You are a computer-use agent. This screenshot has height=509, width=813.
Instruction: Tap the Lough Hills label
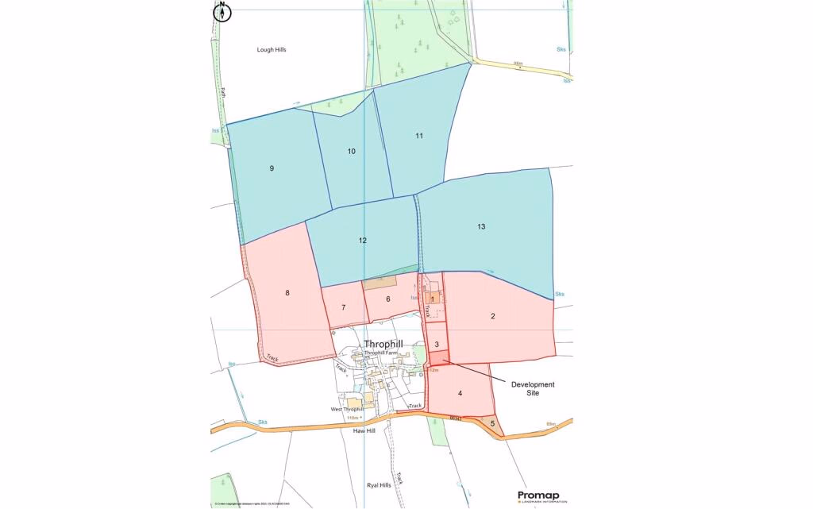click(x=271, y=50)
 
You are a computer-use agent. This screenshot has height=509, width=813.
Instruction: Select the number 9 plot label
click(x=272, y=168)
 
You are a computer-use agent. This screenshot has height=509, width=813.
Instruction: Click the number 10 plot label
click(x=351, y=151)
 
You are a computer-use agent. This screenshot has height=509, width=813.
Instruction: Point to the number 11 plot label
click(x=418, y=136)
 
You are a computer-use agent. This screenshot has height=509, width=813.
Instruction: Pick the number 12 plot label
click(x=363, y=240)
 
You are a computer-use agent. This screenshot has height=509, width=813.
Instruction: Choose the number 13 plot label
click(x=481, y=226)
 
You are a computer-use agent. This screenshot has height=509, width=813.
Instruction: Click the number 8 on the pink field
click(x=287, y=293)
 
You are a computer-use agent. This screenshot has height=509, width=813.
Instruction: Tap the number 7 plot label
click(x=344, y=307)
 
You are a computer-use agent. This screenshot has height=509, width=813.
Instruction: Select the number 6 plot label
click(x=388, y=299)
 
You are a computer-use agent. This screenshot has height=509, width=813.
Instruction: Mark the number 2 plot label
click(x=493, y=316)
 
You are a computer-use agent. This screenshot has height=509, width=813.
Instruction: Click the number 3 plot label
click(x=437, y=344)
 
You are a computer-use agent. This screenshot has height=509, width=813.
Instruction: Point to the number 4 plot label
click(x=460, y=393)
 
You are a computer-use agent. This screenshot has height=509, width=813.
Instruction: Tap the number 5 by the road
click(x=492, y=423)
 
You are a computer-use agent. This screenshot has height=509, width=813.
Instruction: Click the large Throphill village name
click(x=383, y=344)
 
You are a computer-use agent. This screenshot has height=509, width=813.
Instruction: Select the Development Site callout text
click(x=533, y=389)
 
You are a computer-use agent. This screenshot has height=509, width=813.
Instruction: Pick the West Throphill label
click(x=347, y=409)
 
